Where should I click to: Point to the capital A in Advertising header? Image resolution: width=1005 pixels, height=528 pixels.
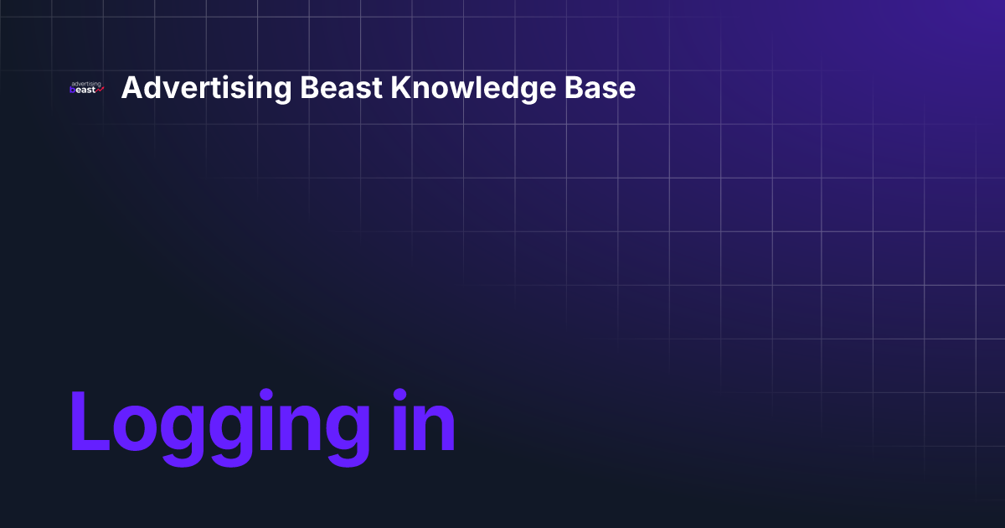click(131, 88)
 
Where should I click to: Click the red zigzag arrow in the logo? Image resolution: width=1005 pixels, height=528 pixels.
click(100, 91)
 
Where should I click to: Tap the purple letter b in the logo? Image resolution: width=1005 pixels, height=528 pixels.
click(73, 91)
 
